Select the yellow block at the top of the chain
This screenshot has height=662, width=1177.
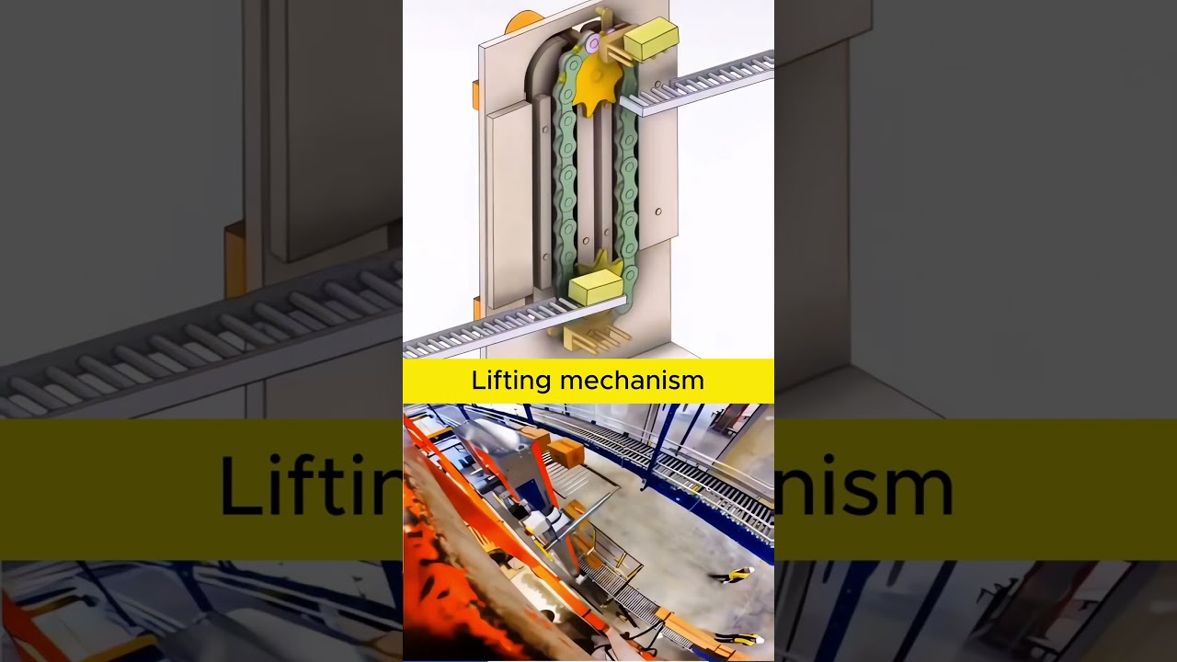click(x=651, y=39)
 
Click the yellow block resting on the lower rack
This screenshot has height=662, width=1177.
click(x=596, y=287)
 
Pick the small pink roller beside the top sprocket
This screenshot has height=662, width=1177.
click(x=593, y=43)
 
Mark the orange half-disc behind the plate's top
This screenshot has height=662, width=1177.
click(x=524, y=20)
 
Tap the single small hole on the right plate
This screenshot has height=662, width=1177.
click(x=658, y=211)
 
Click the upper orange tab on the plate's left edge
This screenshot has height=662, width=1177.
click(x=475, y=94)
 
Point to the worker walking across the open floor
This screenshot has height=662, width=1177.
click(x=731, y=576)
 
